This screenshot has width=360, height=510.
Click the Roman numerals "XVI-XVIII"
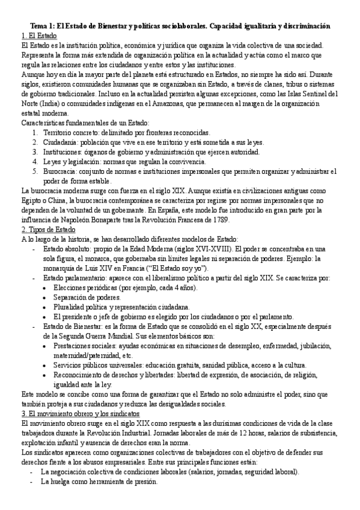tap(214, 248)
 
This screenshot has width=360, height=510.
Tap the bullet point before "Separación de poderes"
tap(47, 296)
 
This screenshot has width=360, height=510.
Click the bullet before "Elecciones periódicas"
tap(47, 287)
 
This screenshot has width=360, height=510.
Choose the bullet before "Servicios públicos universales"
tap(47, 364)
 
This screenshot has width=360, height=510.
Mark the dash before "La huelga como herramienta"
tap(31, 465)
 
